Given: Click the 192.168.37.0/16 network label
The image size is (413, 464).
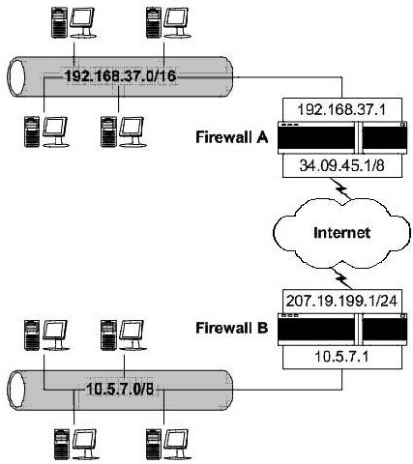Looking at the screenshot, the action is (121, 76).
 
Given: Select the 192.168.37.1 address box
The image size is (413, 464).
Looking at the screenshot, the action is (342, 109).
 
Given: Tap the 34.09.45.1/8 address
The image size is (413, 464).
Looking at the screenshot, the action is (342, 165).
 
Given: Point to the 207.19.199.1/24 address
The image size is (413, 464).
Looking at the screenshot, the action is (342, 301).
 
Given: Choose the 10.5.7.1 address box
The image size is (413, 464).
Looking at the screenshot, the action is (342, 358).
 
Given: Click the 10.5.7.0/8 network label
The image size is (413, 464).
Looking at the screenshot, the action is (120, 390).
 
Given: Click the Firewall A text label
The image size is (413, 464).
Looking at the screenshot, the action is (232, 137).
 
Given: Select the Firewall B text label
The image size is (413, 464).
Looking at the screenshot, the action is (232, 328).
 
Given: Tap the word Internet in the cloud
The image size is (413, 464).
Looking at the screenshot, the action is (341, 232).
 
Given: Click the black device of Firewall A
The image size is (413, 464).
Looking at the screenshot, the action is (342, 137).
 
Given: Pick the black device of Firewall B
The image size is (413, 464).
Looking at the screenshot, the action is (342, 330).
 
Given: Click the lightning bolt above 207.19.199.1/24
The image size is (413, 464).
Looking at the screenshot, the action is (342, 277).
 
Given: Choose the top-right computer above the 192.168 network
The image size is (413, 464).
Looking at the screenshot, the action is (167, 23).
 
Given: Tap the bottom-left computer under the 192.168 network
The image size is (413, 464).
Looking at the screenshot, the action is (47, 132).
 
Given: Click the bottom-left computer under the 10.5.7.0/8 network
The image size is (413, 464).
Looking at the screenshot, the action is (74, 445).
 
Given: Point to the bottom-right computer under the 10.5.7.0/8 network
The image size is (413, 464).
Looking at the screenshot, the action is (167, 445).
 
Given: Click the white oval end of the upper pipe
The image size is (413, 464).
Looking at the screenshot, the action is (15, 77).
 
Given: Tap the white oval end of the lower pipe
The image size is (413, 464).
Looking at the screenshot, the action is (15, 391).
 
